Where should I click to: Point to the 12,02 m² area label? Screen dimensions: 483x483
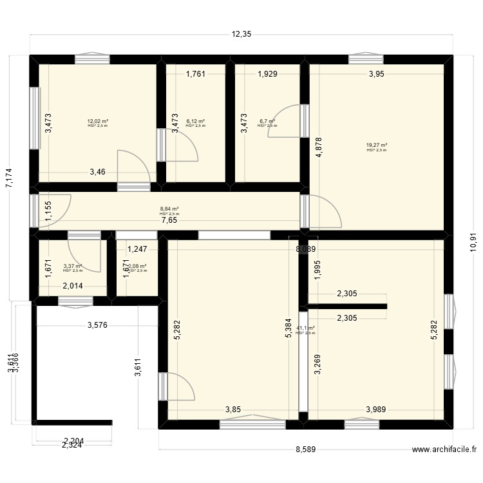coord(98,121)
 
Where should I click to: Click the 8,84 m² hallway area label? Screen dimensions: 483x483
coord(169,209)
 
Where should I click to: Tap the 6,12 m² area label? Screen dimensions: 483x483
coord(195,121)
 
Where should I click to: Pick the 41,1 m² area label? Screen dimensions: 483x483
coord(305,328)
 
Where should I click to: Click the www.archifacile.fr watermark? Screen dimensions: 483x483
coord(446,451)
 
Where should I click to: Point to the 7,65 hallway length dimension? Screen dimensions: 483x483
coord(170,220)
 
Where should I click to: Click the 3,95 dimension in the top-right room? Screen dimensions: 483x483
coord(377,74)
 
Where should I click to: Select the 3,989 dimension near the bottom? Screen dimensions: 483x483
coord(377,409)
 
